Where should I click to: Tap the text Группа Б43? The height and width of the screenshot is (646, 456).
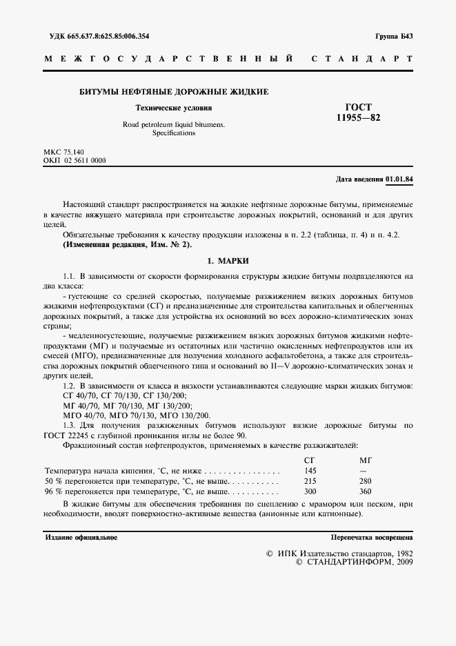[394, 36]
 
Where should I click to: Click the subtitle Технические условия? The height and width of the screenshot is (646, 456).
[173, 108]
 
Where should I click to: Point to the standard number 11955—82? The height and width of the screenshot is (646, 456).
[357, 118]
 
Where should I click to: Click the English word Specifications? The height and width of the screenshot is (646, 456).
[174, 133]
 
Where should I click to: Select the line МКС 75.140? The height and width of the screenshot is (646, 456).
[63, 151]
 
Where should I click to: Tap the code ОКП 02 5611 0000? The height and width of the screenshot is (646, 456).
[75, 159]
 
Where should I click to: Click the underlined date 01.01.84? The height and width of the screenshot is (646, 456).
[399, 179]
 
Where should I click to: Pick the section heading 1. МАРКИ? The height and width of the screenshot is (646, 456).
[228, 261]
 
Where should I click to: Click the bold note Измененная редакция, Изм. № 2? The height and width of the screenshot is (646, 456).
[128, 244]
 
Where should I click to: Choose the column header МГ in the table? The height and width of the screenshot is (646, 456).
[365, 460]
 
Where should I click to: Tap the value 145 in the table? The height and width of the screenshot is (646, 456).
[310, 470]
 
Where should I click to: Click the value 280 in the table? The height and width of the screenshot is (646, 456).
[365, 480]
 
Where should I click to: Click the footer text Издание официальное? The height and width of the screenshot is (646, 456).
[81, 536]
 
